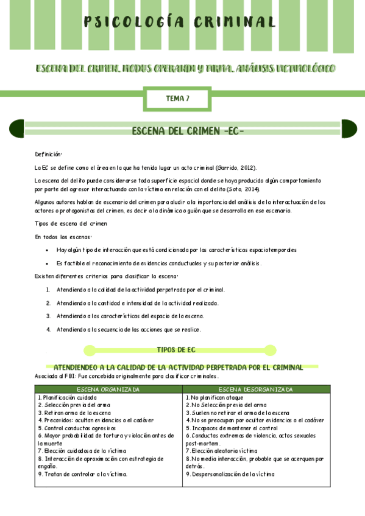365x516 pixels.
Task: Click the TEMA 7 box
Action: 177,97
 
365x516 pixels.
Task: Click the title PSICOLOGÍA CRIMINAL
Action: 180,23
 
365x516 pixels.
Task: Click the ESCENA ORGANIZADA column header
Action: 108,389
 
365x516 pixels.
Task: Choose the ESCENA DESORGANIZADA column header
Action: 255,389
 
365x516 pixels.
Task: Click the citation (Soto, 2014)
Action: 239,189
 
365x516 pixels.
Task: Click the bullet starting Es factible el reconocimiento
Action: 158,263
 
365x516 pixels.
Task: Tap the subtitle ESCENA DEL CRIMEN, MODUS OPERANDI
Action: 185,68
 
